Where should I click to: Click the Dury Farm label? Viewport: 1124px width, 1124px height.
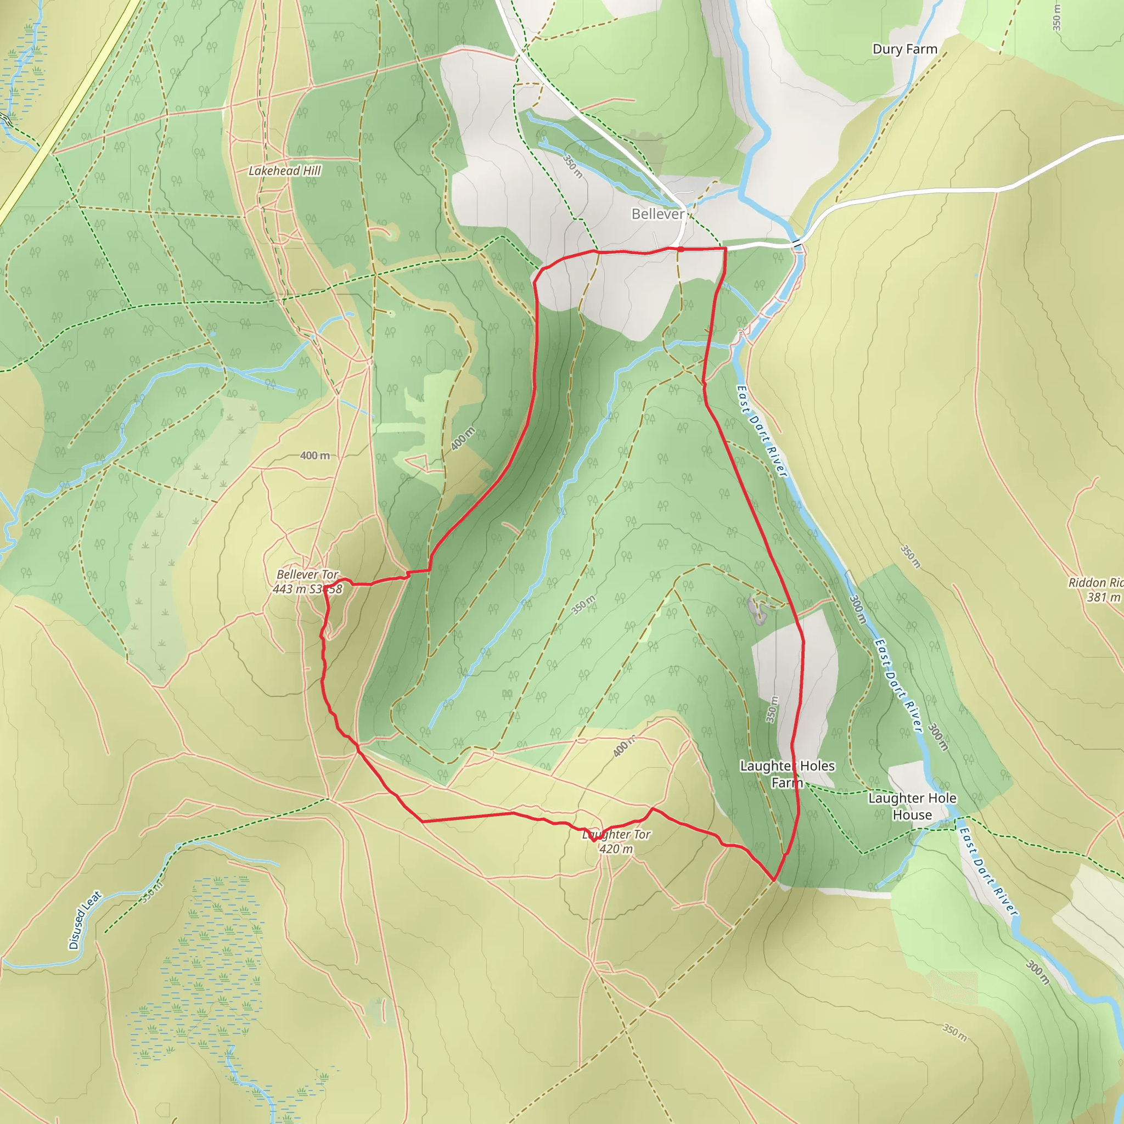[x=904, y=49]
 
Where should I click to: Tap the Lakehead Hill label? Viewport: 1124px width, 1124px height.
[x=284, y=171]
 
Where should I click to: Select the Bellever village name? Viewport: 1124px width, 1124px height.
[x=658, y=214]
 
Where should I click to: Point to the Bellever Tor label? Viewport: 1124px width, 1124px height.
[x=307, y=574]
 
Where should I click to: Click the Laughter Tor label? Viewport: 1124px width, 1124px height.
[x=617, y=834]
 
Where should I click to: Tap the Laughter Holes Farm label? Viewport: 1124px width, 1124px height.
[x=787, y=774]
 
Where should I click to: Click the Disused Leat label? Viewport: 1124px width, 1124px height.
[x=85, y=920]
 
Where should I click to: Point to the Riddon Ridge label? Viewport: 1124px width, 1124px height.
[x=1095, y=582]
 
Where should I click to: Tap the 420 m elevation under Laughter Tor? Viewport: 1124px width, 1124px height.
[x=616, y=849]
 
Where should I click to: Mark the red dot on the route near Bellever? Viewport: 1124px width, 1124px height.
[x=680, y=249]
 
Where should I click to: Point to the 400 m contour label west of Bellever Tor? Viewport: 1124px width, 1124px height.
[x=314, y=456]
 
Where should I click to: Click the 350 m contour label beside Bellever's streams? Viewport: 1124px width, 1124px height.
[x=572, y=166]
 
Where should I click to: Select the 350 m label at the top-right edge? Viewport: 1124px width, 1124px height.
[x=1056, y=18]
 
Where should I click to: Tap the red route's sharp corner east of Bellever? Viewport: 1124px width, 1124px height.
[x=726, y=249]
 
